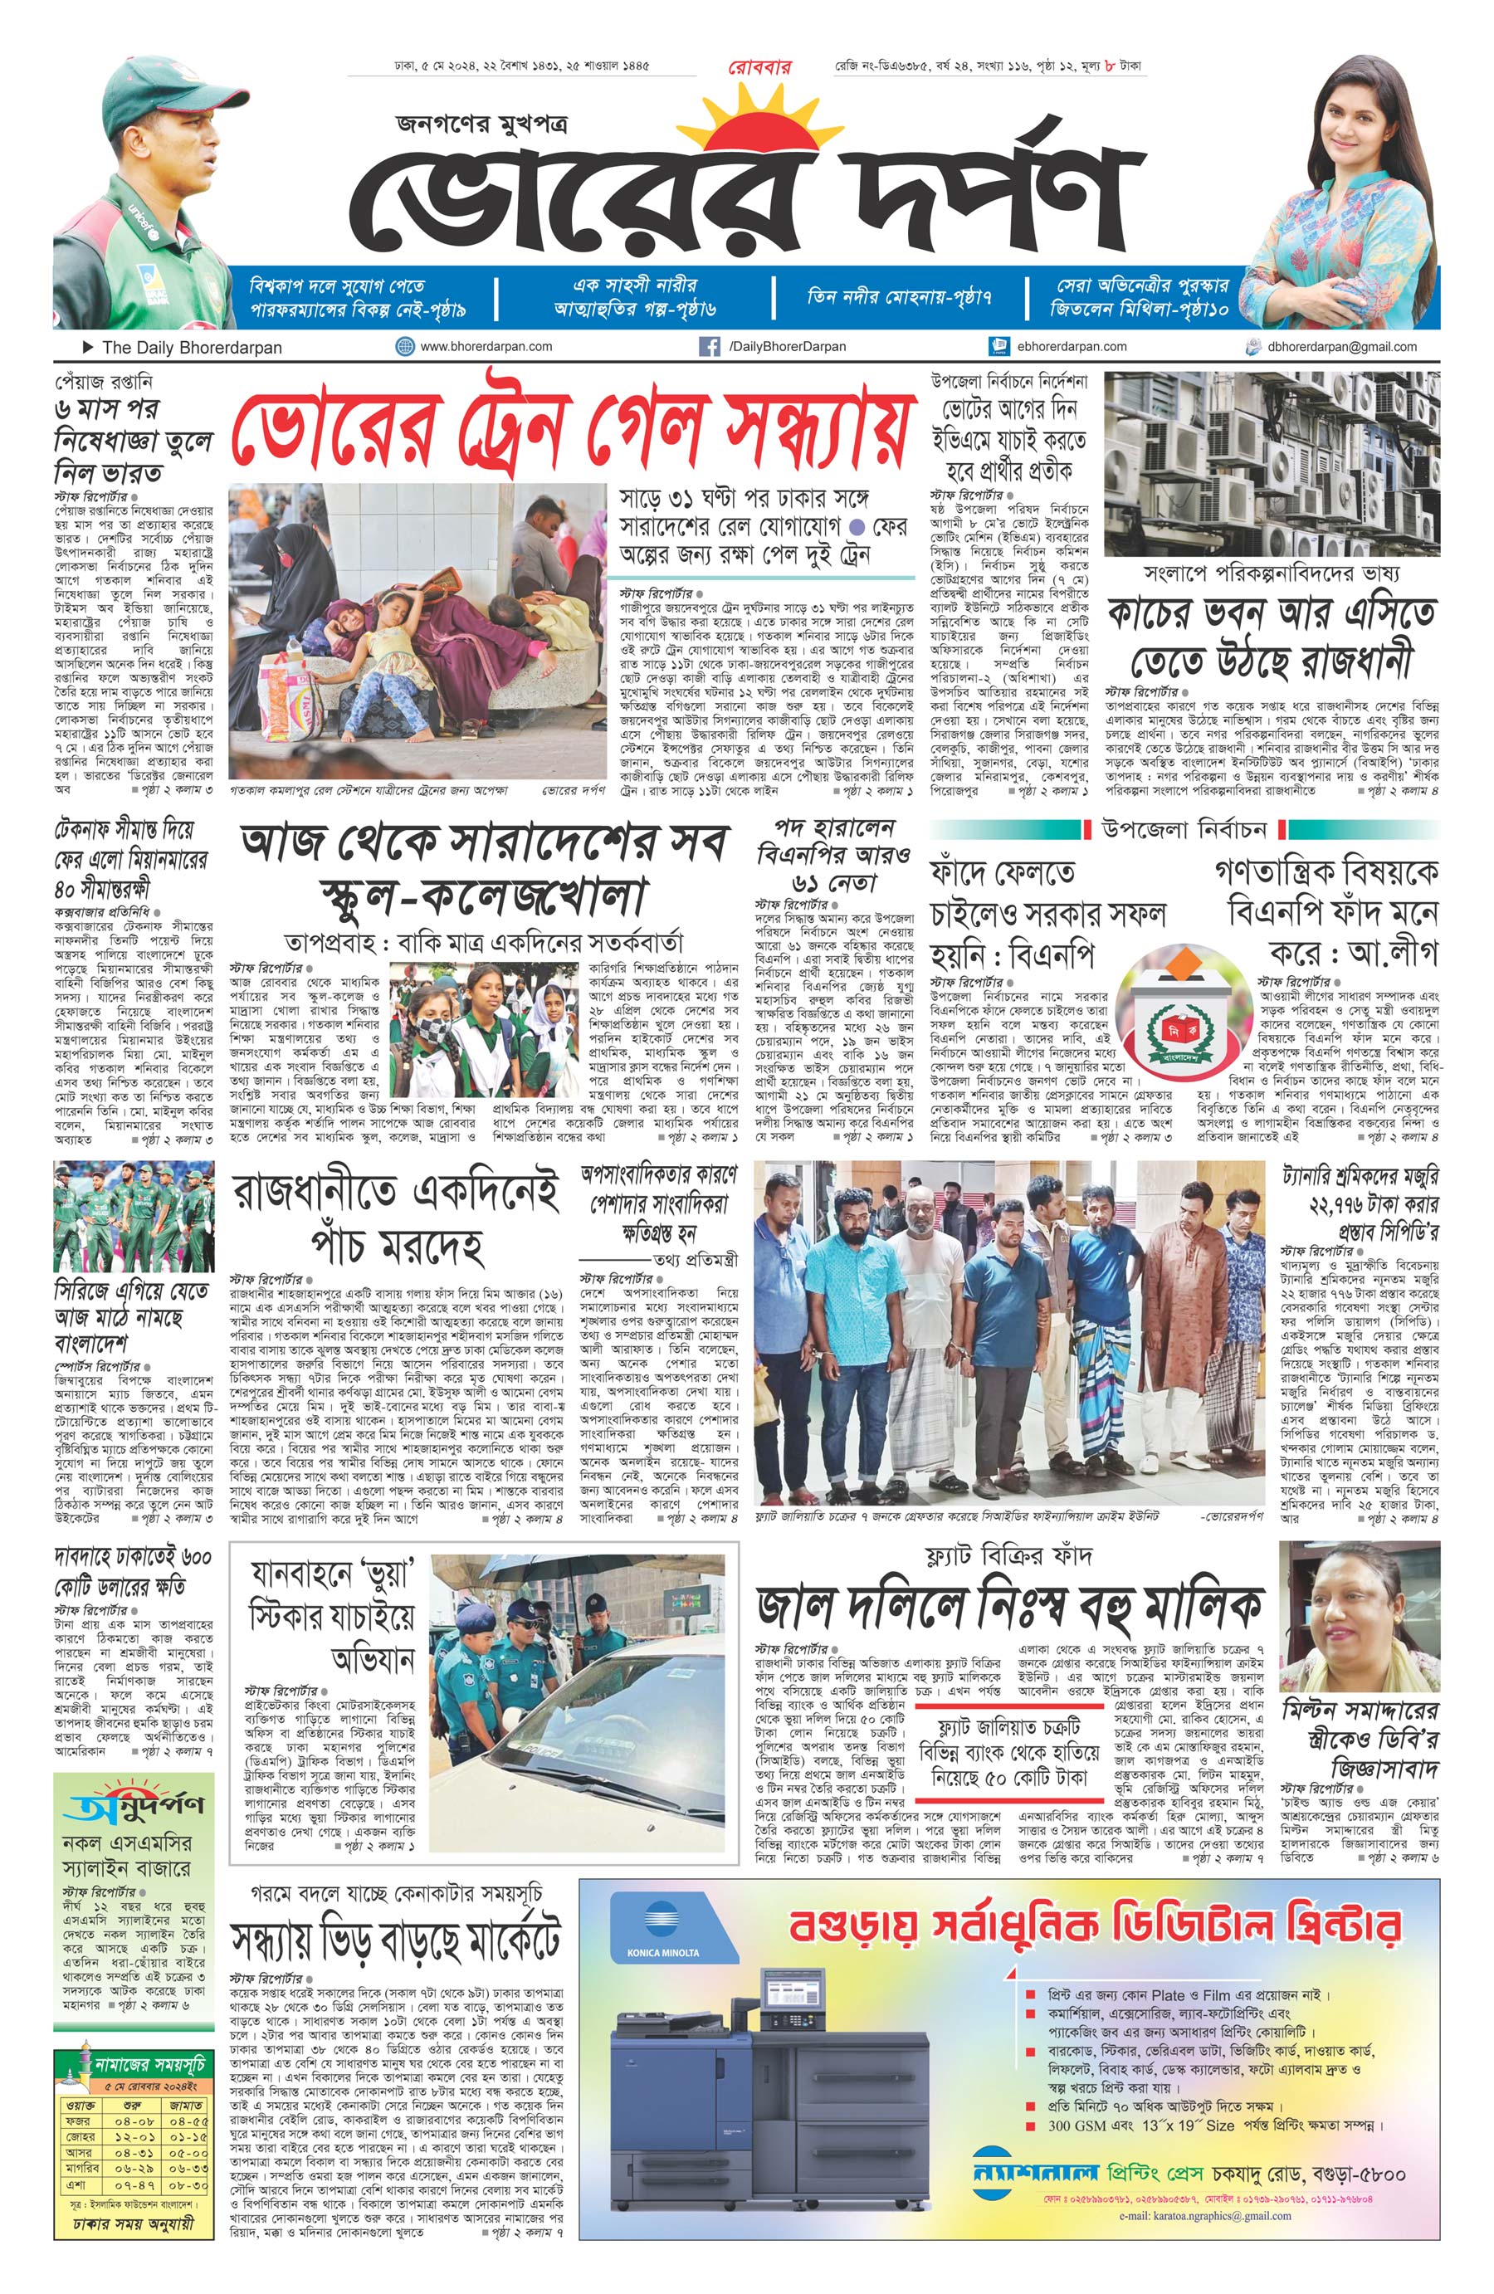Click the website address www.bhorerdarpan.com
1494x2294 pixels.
[486, 346]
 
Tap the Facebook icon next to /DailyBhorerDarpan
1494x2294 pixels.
[709, 346]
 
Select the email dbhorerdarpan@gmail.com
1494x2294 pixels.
[1342, 346]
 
